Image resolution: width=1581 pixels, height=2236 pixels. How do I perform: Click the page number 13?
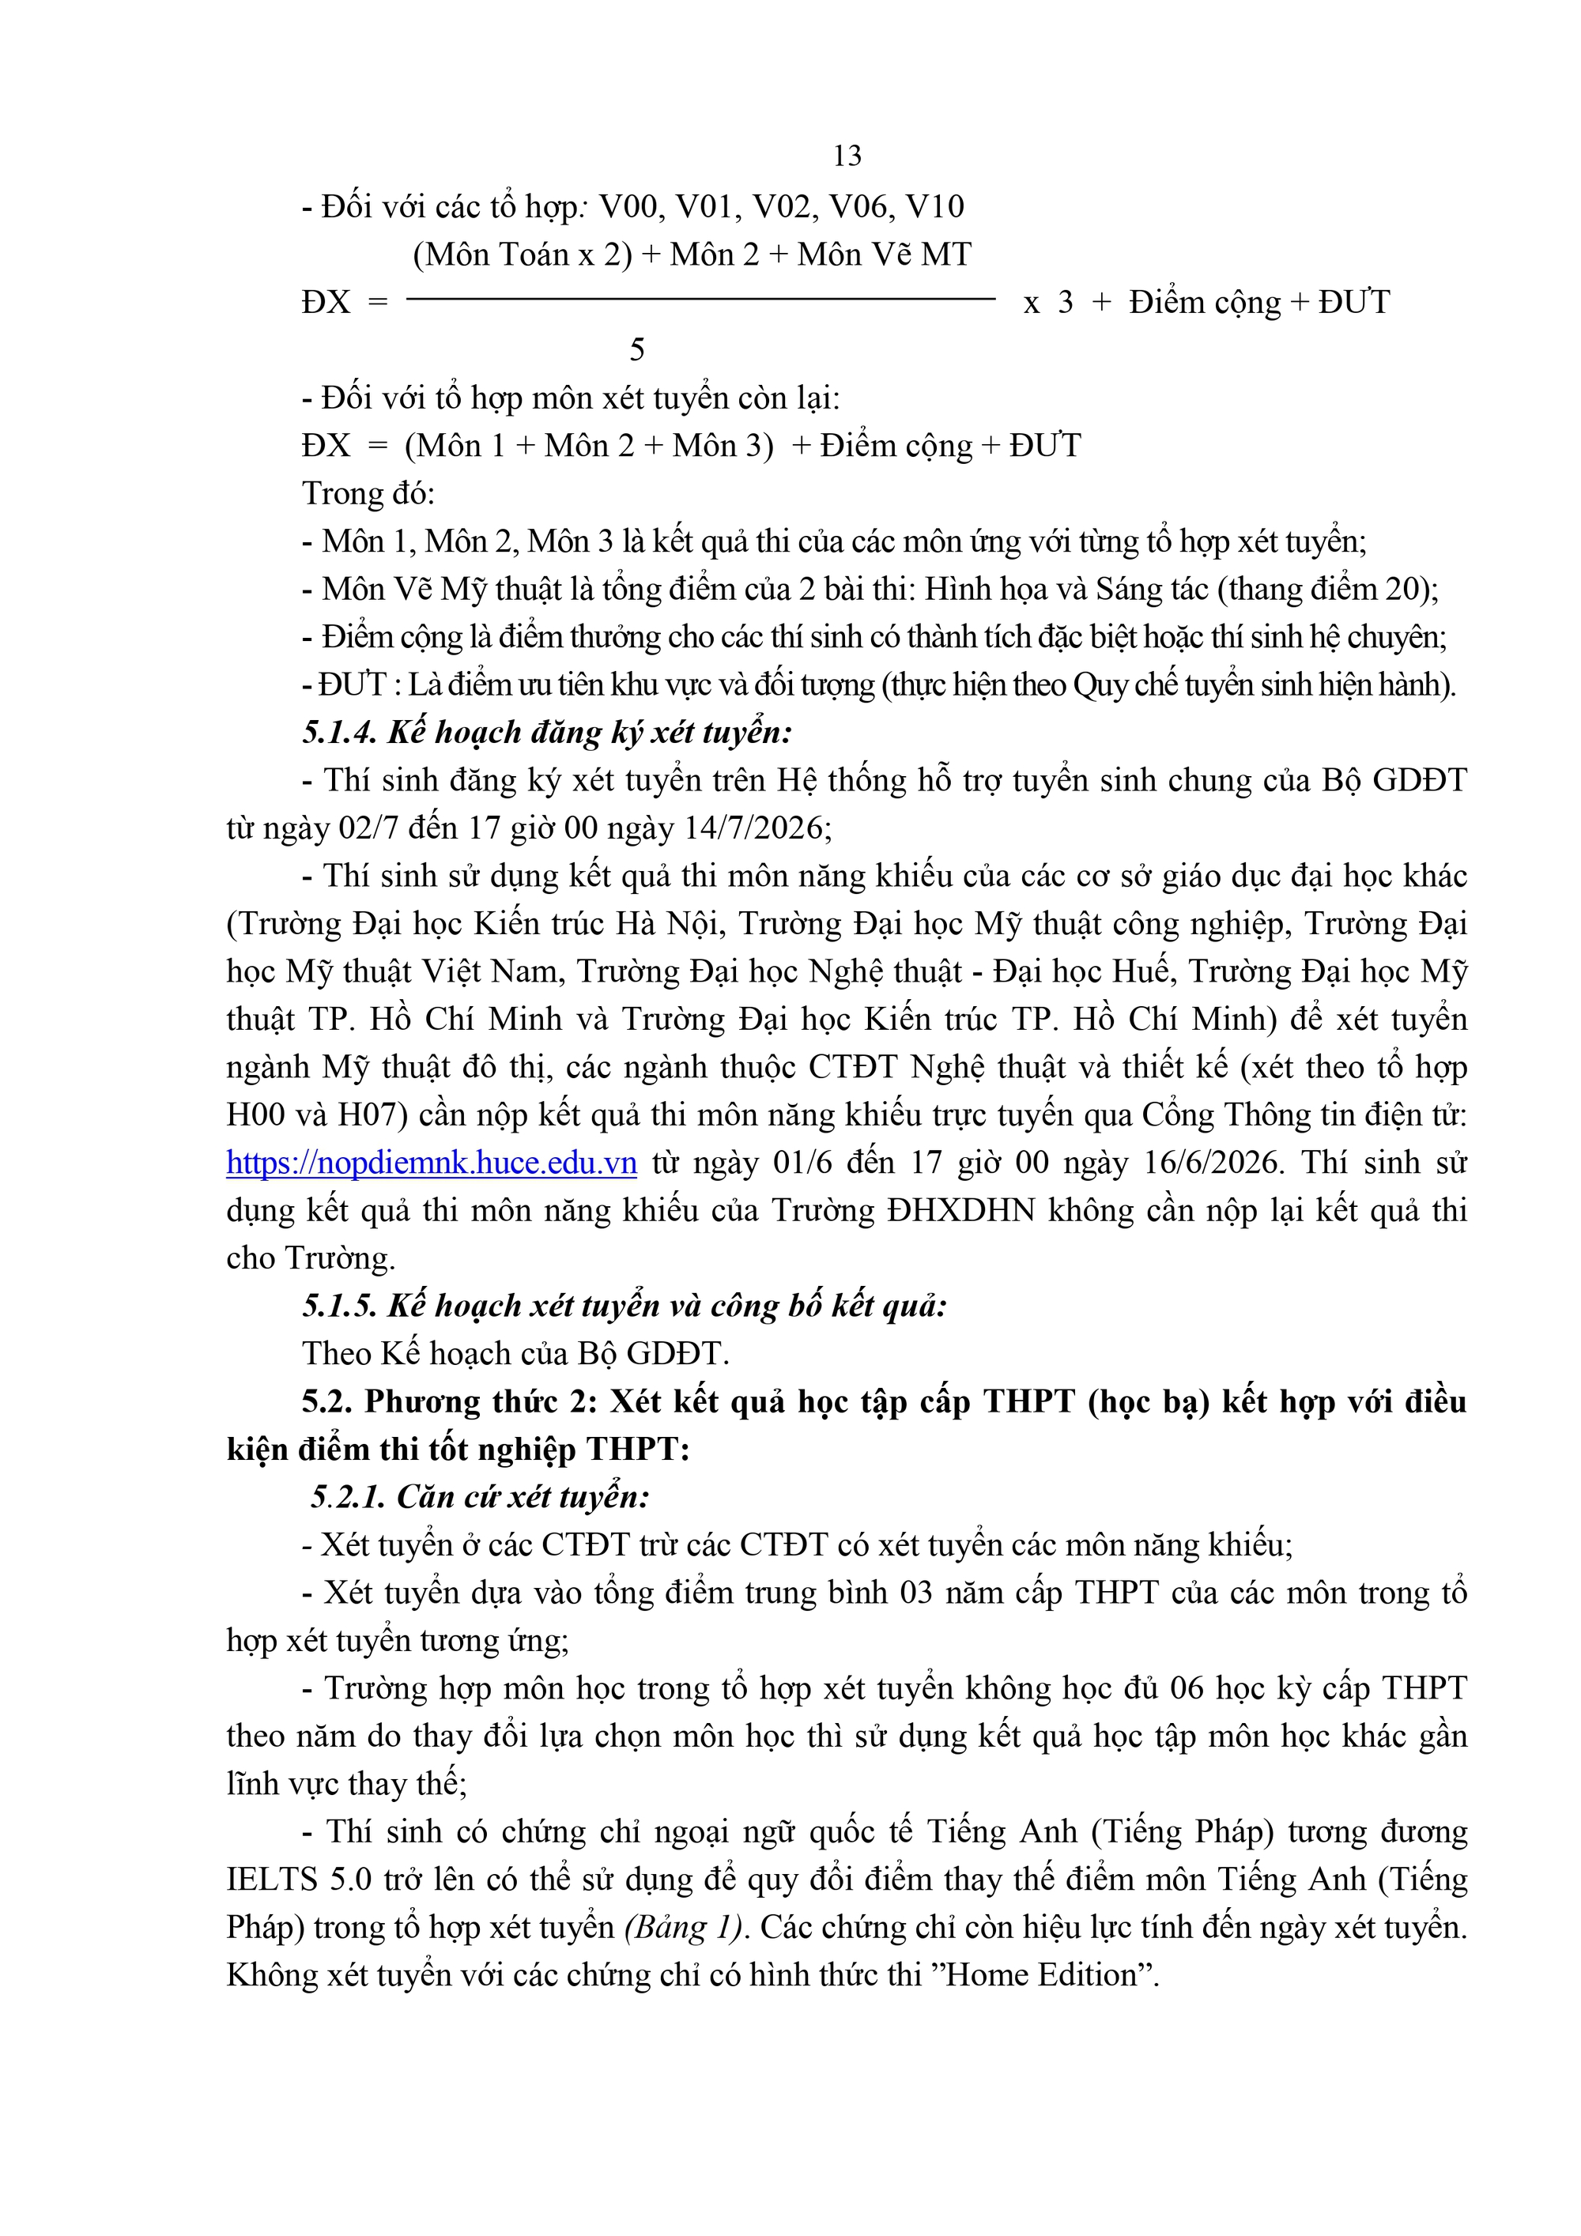pyautogui.click(x=847, y=156)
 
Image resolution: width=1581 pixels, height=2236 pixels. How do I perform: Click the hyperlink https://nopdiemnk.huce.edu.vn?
pyautogui.click(x=432, y=1163)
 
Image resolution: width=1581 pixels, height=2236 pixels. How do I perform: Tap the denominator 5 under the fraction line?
pyautogui.click(x=637, y=349)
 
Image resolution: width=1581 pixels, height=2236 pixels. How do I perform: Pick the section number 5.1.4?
pyautogui.click(x=339, y=733)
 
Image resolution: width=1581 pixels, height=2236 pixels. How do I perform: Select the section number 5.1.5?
pyautogui.click(x=339, y=1306)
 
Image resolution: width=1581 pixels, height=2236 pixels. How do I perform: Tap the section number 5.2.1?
pyautogui.click(x=348, y=1497)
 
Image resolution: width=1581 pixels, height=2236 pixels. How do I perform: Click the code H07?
pyautogui.click(x=373, y=1115)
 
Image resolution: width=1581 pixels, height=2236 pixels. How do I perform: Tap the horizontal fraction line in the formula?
pyautogui.click(x=700, y=299)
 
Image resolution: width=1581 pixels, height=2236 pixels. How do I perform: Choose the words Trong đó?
pyautogui.click(x=368, y=494)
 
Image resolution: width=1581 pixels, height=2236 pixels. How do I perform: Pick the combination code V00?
pyautogui.click(x=630, y=206)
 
